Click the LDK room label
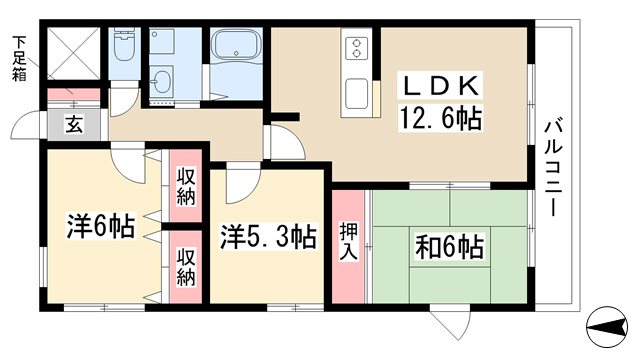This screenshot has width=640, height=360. click(440, 85)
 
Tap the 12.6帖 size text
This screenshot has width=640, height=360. click(440, 117)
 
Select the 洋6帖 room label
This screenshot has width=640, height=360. click(100, 226)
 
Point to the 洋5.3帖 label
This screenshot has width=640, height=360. click(268, 236)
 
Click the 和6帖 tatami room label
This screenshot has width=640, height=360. click(449, 246)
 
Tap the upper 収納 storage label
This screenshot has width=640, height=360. click(186, 186)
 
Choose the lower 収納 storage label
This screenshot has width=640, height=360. click(186, 267)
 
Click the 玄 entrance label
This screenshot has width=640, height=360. click(74, 124)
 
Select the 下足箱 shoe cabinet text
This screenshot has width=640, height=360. click(18, 58)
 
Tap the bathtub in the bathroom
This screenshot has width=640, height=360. click(236, 44)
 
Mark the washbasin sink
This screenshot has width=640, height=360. click(162, 82)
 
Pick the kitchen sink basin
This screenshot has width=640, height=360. click(356, 94)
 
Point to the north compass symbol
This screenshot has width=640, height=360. click(607, 327)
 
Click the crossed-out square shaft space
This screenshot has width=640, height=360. click(74, 53)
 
